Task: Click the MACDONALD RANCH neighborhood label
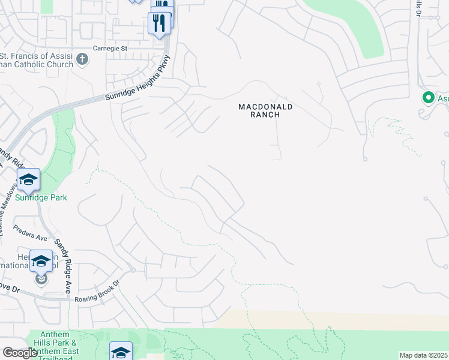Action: (x=265, y=110)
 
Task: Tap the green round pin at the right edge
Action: (x=429, y=97)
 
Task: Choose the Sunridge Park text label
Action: (x=41, y=197)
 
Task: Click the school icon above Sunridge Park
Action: (x=28, y=179)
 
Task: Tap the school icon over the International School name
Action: (x=41, y=262)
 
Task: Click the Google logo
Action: (x=20, y=353)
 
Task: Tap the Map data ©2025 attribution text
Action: (x=423, y=355)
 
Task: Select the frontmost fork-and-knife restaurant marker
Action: (x=159, y=23)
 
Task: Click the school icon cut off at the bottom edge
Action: (x=121, y=352)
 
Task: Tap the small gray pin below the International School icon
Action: (x=41, y=278)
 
